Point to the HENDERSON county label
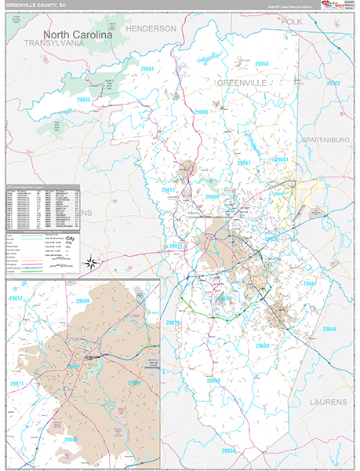click(x=151, y=28)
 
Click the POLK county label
click(x=292, y=22)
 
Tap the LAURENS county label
click(x=323, y=401)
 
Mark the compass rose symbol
click(x=92, y=263)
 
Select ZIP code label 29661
click(x=149, y=69)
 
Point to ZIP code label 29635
click(x=85, y=100)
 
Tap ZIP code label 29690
click(x=201, y=112)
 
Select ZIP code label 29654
click(x=229, y=451)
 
